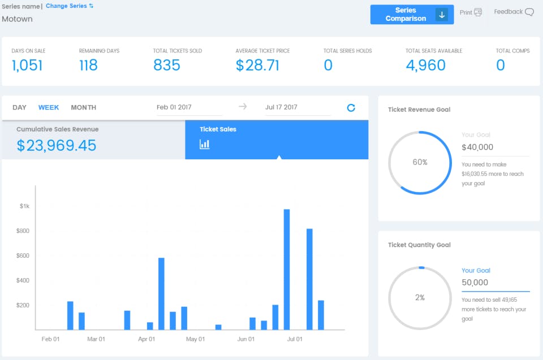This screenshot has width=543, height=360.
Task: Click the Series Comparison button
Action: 412,15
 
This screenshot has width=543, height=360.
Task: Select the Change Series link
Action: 70,6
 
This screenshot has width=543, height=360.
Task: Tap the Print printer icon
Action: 478,12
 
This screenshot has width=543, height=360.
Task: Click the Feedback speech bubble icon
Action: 529,12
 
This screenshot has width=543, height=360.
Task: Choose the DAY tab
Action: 20,107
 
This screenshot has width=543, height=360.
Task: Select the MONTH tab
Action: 83,107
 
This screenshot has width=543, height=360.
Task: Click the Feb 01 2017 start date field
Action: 174,107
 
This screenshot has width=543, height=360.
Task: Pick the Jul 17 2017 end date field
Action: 281,107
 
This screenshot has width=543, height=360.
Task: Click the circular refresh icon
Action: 351,107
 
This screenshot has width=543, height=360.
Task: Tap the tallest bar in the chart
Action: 287,269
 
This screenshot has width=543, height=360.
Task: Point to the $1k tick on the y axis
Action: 24,206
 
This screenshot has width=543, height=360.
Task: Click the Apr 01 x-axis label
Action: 146,339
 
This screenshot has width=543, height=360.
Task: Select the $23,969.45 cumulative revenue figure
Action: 57,146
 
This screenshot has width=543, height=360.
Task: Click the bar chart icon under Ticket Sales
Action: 205,145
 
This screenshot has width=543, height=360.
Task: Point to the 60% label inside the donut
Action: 420,162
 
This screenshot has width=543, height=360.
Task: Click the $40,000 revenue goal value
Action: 477,148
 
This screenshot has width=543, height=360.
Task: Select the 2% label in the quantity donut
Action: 420,297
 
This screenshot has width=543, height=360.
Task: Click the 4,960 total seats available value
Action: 425,65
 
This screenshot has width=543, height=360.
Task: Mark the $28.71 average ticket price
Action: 257,65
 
